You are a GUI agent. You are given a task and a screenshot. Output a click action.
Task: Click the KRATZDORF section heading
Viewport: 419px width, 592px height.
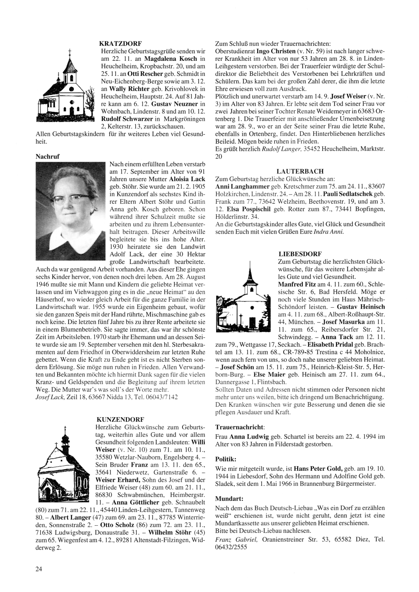point(121,43)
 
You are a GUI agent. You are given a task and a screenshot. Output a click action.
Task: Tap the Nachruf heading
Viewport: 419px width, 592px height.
point(48,156)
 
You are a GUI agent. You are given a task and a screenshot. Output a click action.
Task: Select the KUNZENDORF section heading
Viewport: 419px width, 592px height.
point(120,419)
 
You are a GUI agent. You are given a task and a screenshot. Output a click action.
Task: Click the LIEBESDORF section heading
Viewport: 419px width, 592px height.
point(300,254)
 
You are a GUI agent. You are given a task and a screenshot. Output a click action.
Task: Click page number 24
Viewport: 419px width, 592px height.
point(39,569)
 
